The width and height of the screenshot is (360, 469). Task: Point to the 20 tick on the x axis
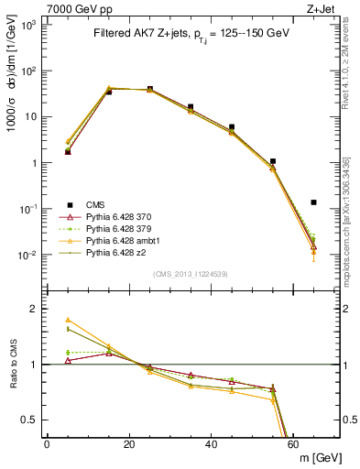click(129, 444)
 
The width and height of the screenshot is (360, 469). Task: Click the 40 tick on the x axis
click(212, 444)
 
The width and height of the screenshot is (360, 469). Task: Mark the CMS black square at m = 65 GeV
click(314, 202)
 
